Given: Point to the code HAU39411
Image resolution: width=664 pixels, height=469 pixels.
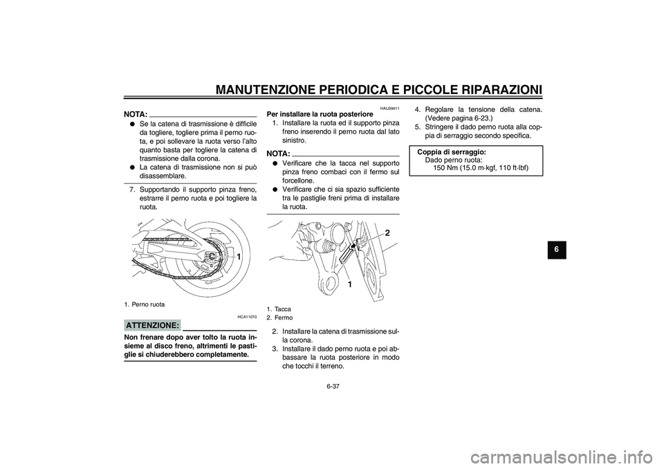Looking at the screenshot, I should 389,109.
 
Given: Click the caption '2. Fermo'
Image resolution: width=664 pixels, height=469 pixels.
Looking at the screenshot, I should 279,318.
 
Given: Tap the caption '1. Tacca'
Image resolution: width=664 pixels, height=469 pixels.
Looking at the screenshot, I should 279,309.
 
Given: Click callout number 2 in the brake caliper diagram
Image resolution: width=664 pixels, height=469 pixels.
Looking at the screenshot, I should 387,234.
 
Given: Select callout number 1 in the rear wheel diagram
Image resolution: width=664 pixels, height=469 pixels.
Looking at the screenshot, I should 238,257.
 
